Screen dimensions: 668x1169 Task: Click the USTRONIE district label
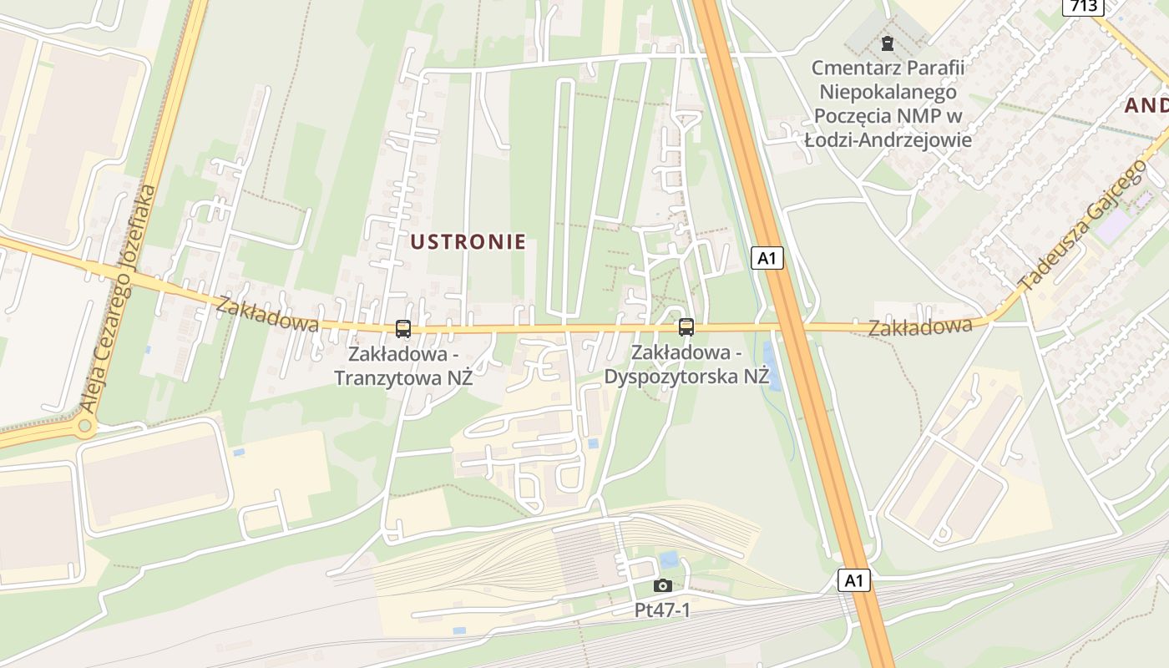pos(468,242)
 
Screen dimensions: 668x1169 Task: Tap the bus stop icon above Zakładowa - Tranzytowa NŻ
pos(403,329)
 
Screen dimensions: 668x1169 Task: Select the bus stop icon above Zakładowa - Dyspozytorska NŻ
pos(686,327)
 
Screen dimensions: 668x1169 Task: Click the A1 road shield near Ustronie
pos(767,258)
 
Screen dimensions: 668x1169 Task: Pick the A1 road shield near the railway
pos(853,580)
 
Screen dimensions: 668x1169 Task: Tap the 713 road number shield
pos(1085,7)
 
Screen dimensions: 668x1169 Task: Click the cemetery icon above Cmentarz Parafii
pos(888,43)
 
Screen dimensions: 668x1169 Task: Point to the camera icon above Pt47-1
pos(663,585)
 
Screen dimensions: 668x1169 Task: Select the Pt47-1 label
pos(663,610)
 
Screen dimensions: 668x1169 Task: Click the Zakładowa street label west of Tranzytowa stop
pos(267,314)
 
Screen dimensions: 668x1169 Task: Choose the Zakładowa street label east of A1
pos(920,326)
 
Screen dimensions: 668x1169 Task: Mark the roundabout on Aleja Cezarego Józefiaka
pos(84,427)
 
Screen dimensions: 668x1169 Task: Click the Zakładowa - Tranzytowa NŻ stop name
pos(403,366)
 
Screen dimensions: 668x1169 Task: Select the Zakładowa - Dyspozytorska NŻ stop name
pos(686,364)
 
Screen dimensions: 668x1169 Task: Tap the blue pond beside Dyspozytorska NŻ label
pos(772,366)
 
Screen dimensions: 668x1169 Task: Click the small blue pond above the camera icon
pos(669,559)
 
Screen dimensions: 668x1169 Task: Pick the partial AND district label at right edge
pos(1146,105)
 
